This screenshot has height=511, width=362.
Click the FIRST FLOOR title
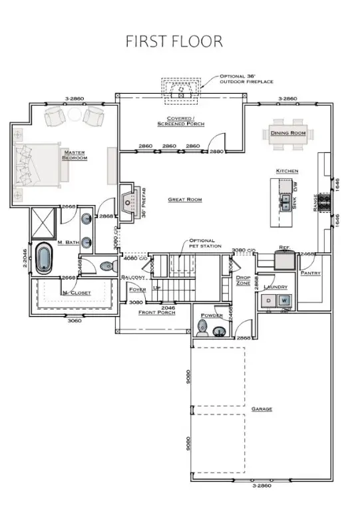174,41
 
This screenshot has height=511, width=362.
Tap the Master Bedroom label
74,156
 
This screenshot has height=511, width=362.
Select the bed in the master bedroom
39,164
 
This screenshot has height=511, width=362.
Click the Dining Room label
288,133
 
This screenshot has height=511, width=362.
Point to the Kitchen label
287,171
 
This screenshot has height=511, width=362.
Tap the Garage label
262,409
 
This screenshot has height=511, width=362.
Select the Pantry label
311,273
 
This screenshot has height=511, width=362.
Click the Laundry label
275,287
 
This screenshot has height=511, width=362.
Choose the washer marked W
284,301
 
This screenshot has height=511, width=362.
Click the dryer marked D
269,301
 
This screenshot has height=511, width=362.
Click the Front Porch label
157,312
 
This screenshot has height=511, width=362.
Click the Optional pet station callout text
202,243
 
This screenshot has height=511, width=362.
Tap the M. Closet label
76,293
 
